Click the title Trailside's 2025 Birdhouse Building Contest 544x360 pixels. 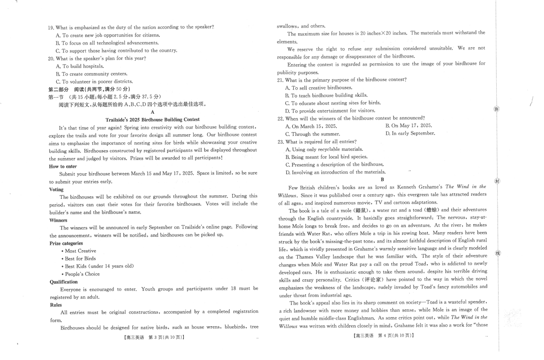[152, 120]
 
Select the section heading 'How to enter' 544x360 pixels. [63, 166]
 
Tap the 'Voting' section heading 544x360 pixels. [56, 189]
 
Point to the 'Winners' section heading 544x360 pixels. [58, 220]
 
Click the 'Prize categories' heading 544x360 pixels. [66, 243]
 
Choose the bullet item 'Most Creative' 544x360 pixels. [80, 251]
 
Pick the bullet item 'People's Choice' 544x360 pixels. [82, 274]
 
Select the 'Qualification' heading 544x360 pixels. [63, 282]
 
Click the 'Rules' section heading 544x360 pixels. [55, 305]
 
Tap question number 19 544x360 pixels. [51, 27]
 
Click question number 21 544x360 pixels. [280, 80]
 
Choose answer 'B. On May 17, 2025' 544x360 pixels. [408, 126]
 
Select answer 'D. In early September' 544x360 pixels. [410, 134]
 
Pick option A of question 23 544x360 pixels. [324, 149]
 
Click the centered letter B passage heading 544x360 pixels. [382, 180]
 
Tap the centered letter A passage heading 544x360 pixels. [153, 112]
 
